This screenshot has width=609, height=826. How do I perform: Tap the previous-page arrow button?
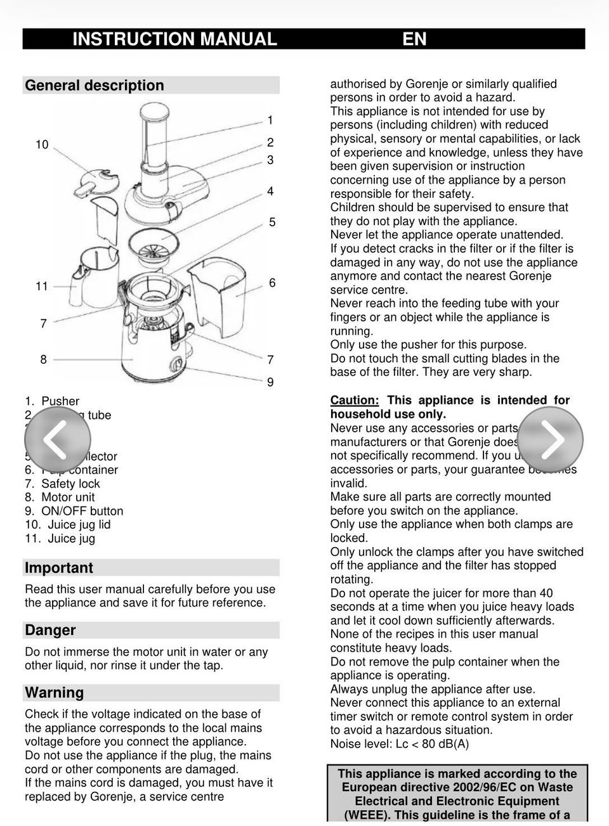click(x=57, y=439)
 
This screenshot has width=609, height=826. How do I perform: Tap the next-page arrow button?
click(x=550, y=439)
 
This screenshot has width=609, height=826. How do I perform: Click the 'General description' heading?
click(x=95, y=86)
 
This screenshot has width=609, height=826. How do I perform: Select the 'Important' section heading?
click(x=59, y=568)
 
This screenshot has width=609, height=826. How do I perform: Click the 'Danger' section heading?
click(x=50, y=630)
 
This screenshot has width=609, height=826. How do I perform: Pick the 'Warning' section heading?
click(x=55, y=692)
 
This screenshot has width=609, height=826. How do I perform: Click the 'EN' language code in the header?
click(x=414, y=39)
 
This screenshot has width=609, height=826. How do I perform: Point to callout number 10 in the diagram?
click(x=42, y=145)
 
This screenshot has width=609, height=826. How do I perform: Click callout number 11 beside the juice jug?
click(x=42, y=286)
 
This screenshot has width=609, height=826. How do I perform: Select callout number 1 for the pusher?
click(x=270, y=120)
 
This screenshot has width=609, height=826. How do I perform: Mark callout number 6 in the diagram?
click(x=272, y=283)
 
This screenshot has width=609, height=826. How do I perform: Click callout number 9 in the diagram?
click(x=270, y=382)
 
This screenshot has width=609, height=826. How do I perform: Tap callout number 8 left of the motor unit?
click(x=43, y=359)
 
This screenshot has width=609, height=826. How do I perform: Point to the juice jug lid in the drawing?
click(x=95, y=181)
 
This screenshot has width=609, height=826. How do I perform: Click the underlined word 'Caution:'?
click(x=355, y=401)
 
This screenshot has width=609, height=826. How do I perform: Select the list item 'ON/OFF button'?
click(x=82, y=511)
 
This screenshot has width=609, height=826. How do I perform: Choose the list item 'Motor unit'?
click(x=68, y=498)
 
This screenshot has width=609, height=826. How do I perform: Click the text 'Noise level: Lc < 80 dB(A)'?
click(x=400, y=744)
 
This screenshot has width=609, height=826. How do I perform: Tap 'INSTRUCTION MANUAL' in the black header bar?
click(x=174, y=39)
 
